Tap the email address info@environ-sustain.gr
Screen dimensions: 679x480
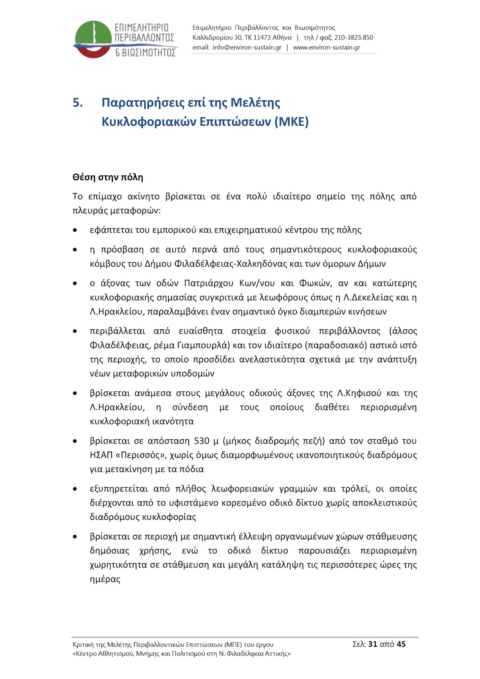[247, 48]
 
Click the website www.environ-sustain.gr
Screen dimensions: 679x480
[326, 48]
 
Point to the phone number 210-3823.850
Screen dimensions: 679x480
[354, 37]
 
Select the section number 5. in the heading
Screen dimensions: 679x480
[78, 103]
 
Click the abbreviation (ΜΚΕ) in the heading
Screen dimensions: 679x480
[292, 122]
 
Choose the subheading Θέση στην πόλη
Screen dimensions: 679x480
[108, 177]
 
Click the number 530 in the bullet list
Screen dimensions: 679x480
[202, 441]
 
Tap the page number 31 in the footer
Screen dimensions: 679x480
[373, 644]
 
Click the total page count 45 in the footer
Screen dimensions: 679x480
[401, 644]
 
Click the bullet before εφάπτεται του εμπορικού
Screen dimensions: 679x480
[75, 230]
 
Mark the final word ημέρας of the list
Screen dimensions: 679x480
[105, 579]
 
